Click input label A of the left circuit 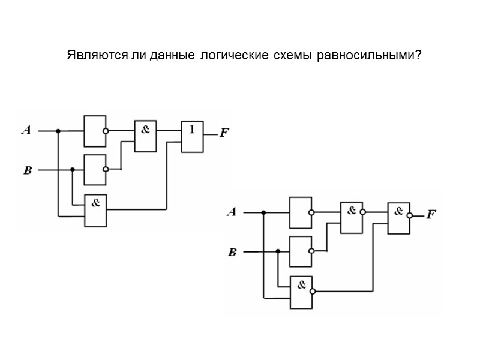coord(26,130)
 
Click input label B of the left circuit coord(27,170)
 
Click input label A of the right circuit coord(231,212)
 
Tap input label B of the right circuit coord(233,253)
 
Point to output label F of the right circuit coord(430,214)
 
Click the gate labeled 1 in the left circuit coord(192,136)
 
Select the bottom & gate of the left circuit coord(95,211)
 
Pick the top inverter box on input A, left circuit coord(95,131)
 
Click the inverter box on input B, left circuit coord(95,170)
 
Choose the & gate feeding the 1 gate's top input coord(145,136)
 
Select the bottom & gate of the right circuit coord(301,292)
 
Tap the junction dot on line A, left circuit coord(58,130)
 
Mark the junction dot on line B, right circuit coord(277,252)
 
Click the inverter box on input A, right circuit coord(300,212)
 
